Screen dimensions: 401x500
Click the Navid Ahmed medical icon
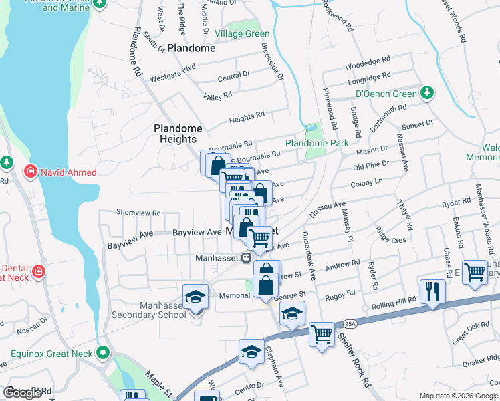30,172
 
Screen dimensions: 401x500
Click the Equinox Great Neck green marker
102,352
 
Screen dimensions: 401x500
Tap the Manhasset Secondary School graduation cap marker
195,295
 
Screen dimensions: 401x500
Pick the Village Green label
242,34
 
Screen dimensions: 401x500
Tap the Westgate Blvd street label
172,68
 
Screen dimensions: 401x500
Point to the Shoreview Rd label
138,212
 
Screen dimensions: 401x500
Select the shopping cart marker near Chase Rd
475,271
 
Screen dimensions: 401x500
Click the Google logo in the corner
23,393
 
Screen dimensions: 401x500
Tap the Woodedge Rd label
367,65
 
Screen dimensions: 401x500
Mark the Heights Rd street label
247,117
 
